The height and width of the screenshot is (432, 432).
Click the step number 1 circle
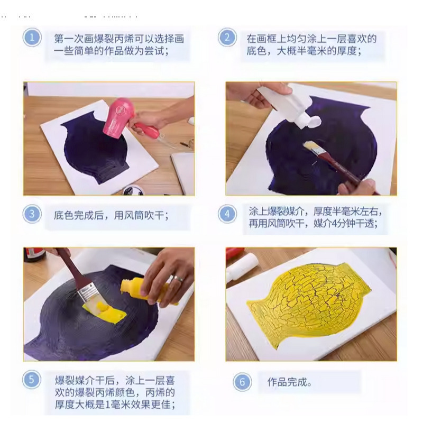click(32, 38)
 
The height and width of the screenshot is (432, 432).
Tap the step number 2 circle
click(227, 38)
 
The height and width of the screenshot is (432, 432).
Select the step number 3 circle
click(32, 214)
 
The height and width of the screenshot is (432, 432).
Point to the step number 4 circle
click(227, 214)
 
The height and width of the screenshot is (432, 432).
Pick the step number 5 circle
click(32, 379)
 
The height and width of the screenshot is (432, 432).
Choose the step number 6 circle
click(242, 382)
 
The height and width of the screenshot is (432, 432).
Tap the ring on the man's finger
click(178, 279)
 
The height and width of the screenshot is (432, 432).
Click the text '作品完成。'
click(290, 382)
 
